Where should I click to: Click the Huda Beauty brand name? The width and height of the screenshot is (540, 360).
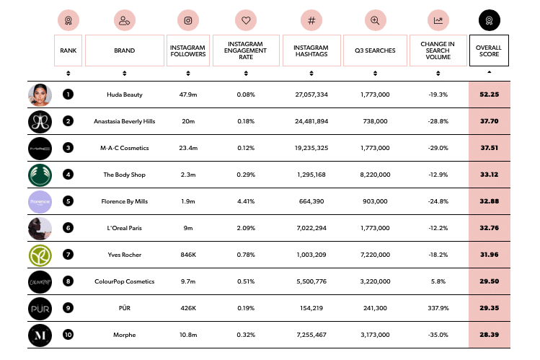pos(124,95)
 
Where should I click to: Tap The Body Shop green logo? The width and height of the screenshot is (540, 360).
pos(40,175)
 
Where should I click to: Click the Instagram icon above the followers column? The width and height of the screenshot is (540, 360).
pos(188,20)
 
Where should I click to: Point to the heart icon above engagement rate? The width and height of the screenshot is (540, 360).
pos(246,20)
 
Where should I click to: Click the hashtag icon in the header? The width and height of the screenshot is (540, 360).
pos(311,20)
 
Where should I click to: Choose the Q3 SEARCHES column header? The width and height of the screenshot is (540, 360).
pos(374,51)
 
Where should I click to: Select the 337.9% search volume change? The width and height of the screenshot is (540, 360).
pos(438,308)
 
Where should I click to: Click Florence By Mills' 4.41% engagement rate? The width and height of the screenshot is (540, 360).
pos(246,201)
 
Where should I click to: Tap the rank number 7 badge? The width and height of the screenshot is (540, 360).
pos(68,255)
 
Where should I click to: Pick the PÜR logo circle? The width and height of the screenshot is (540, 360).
pos(40,308)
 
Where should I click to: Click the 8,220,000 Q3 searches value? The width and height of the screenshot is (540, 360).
pos(374,175)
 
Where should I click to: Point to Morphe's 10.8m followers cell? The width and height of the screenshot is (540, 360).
pos(188,335)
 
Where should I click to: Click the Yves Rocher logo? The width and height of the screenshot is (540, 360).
pos(40,255)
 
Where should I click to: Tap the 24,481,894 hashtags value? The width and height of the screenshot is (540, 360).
pos(311,121)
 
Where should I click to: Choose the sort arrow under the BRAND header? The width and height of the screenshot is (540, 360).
pos(125,73)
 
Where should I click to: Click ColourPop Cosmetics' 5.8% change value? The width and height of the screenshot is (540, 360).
pos(438,281)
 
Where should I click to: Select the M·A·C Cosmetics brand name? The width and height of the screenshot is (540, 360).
pos(125,148)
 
